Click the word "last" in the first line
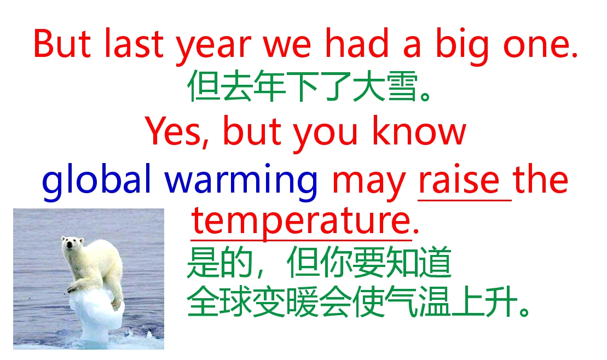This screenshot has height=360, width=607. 133,43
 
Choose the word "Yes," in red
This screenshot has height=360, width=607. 177,132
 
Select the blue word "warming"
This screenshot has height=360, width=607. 241,182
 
